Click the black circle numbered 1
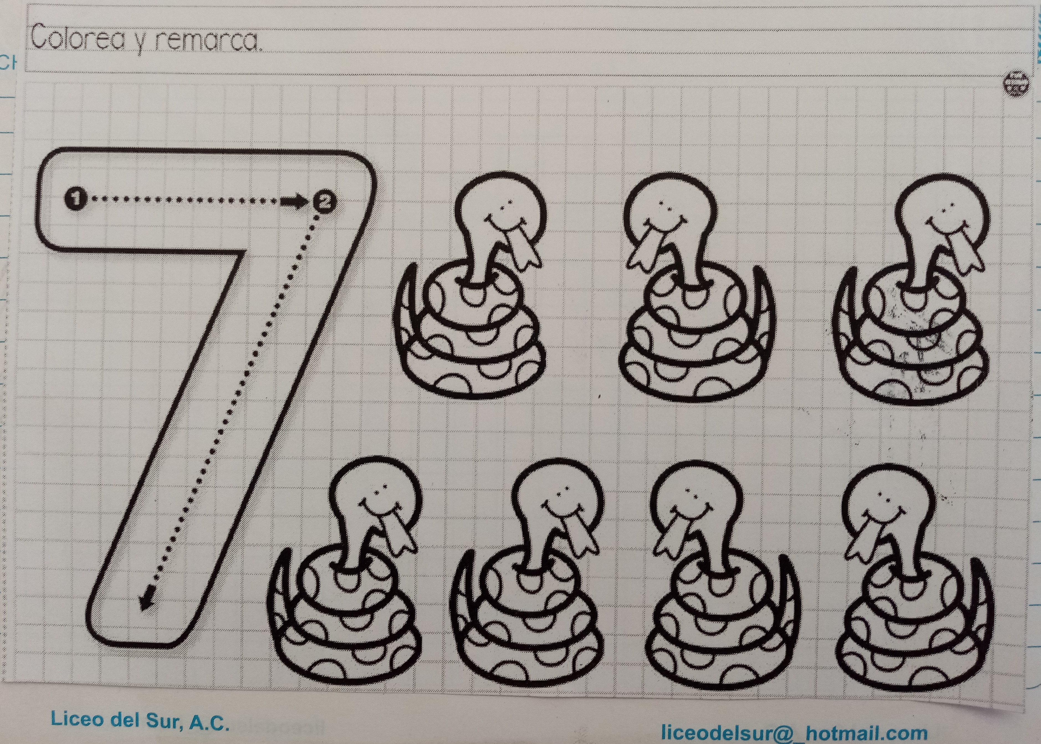(x=76, y=198)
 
